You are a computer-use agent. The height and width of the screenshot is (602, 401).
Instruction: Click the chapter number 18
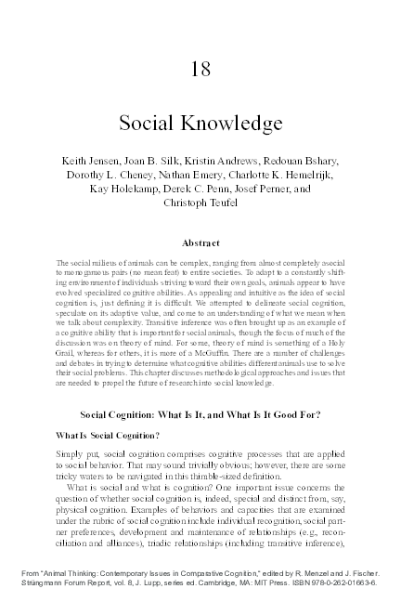pos(200,69)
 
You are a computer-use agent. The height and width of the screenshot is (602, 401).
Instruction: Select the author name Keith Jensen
pos(89,161)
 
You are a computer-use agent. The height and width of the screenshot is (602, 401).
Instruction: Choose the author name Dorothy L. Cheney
pos(121,175)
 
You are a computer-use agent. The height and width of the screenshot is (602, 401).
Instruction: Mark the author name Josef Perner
pos(266,189)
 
